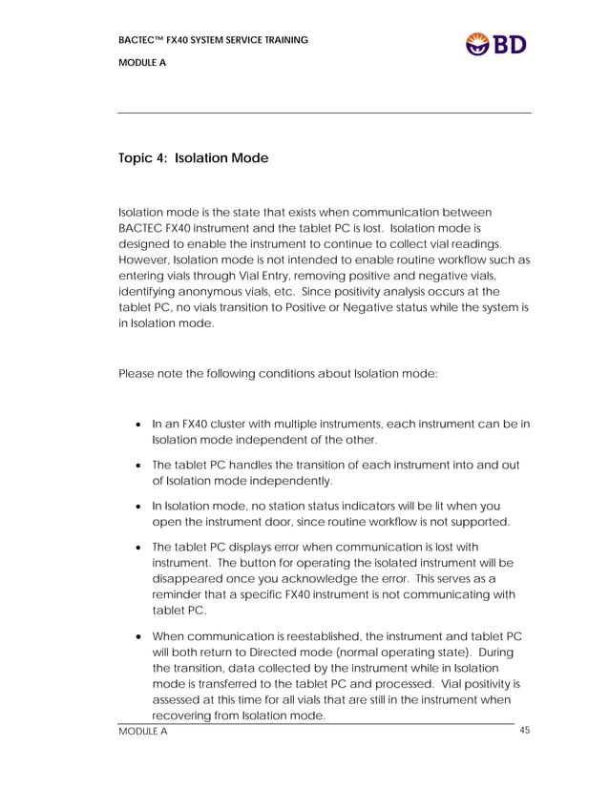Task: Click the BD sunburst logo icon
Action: [x=477, y=44]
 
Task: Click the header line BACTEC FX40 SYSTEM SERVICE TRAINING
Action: [x=213, y=40]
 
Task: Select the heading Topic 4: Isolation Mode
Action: [x=193, y=158]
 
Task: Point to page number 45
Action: [x=524, y=731]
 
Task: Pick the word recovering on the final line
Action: [x=184, y=715]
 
